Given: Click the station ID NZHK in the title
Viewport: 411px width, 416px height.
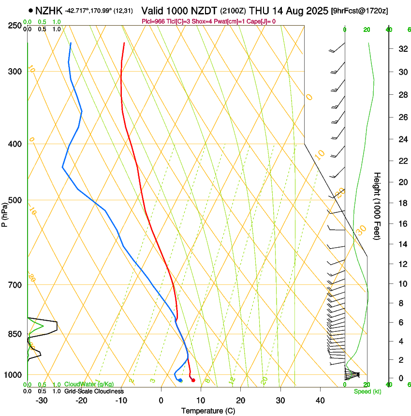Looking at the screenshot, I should [48, 10].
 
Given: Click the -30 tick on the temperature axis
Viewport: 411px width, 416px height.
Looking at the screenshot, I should [42, 400].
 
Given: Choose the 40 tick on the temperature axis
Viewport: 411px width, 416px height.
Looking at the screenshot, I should [320, 400].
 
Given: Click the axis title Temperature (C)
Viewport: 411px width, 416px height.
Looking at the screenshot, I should [208, 411].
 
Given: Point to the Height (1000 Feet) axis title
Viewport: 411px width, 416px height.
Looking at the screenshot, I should [377, 206].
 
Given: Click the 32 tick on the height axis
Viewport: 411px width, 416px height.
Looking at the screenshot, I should [402, 49].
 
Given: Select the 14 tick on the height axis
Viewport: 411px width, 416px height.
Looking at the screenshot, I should [402, 244].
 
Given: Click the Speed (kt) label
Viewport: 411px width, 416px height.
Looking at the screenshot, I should [367, 391].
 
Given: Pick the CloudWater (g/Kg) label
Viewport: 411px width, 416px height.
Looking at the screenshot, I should [89, 385].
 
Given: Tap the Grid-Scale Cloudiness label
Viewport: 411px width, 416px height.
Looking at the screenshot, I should [94, 391].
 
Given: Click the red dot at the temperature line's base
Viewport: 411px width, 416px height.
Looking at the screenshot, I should [193, 380].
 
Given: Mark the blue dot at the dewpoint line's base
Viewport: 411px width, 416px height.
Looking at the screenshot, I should [180, 380].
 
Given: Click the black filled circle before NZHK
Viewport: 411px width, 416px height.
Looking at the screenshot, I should [31, 10].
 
